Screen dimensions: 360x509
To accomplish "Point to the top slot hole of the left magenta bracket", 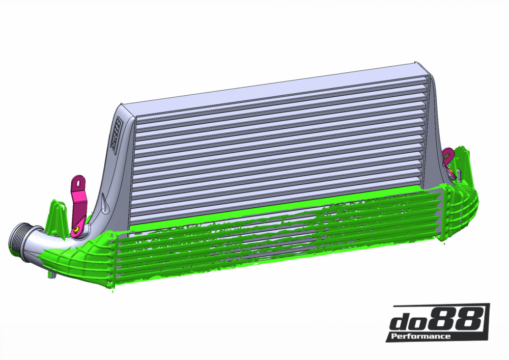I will click(x=78, y=182).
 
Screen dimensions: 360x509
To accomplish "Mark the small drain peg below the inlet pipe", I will click(x=51, y=275).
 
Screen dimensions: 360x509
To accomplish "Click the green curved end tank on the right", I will click(x=463, y=204).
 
